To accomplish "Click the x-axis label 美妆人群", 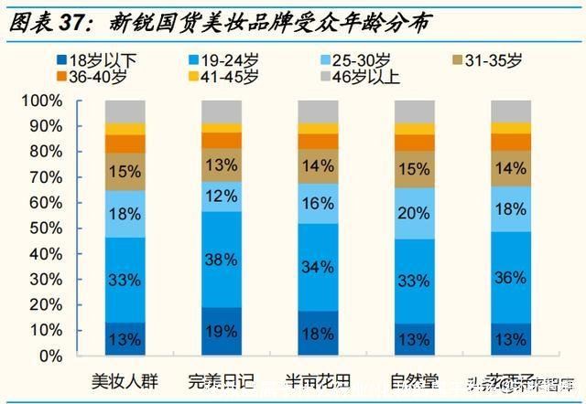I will tap(124, 379).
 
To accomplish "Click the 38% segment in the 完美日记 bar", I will tap(221, 259).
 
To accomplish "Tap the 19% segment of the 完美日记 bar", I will tap(221, 331).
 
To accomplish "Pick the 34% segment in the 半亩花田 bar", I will tap(318, 267).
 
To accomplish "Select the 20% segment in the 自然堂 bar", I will tap(414, 214).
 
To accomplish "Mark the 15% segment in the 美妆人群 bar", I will tap(125, 171).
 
